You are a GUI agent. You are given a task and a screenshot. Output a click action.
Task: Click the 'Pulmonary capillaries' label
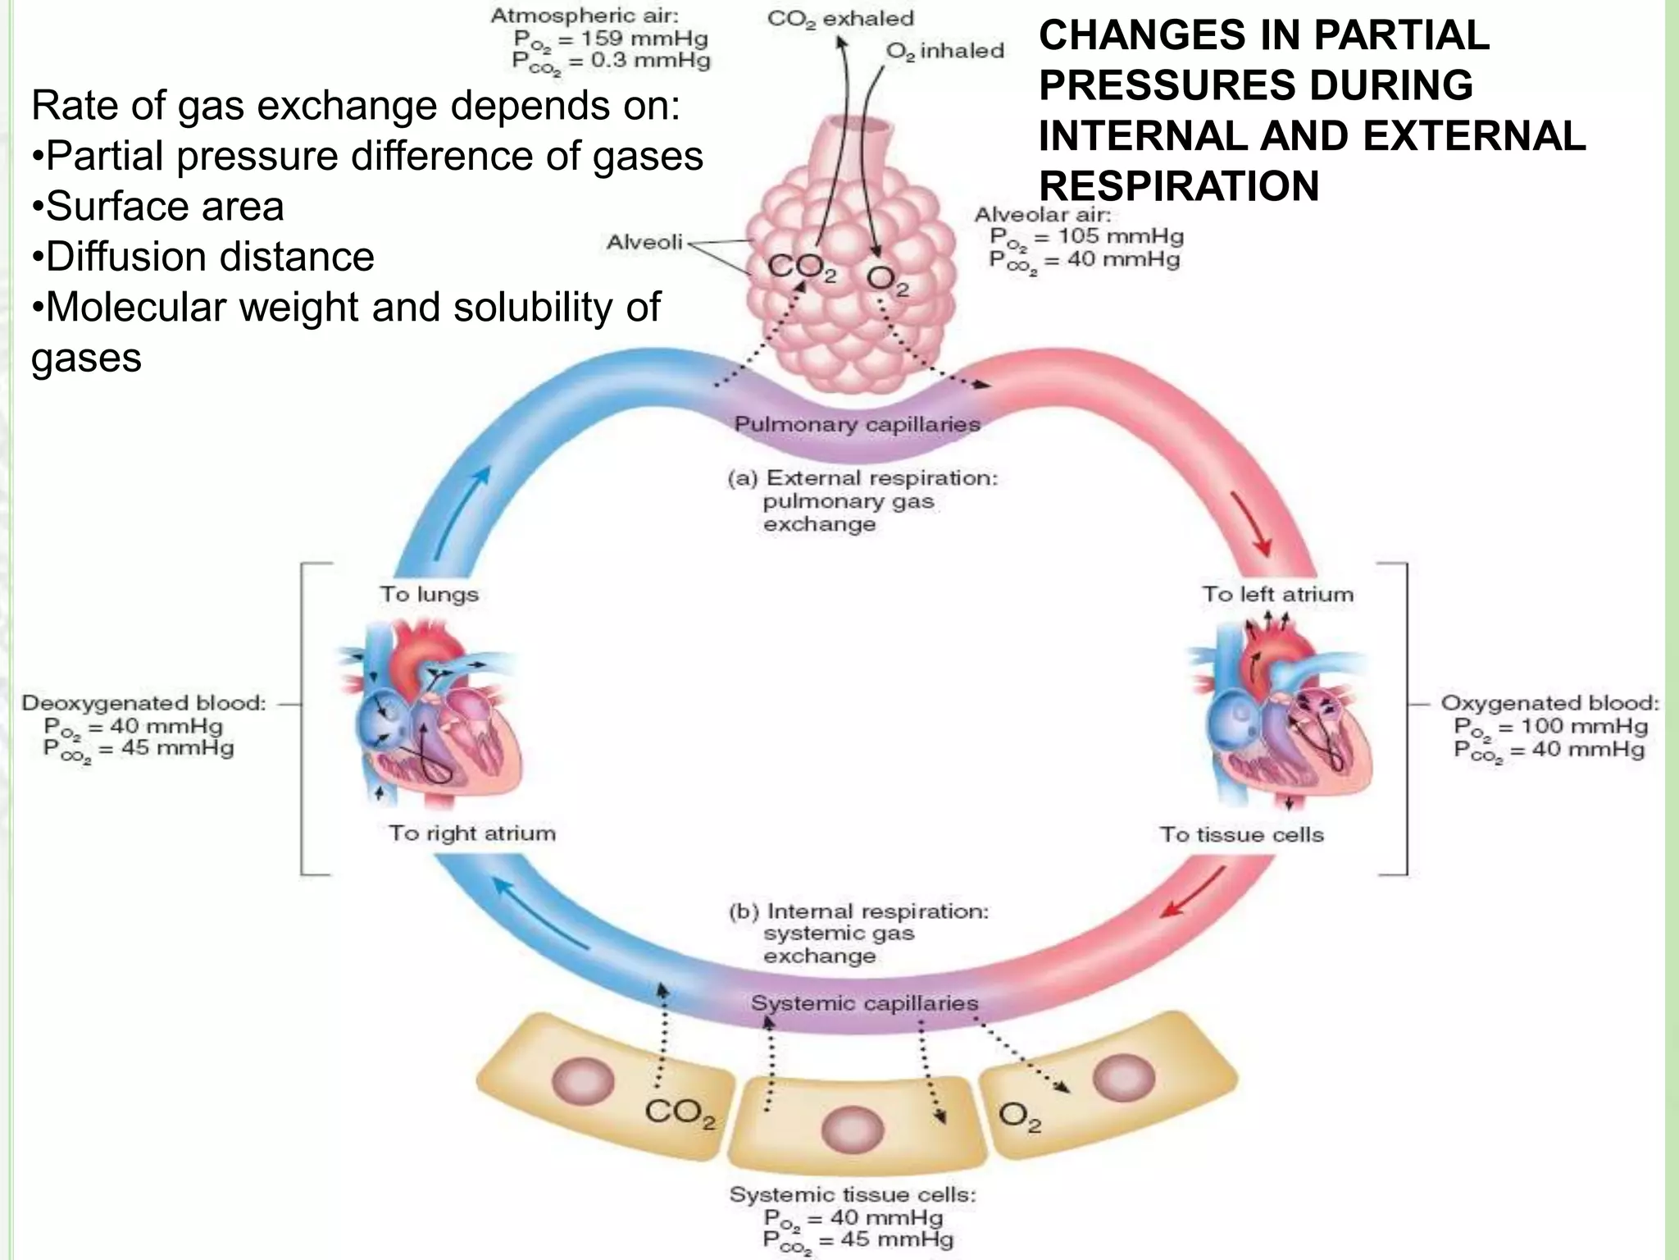click(857, 424)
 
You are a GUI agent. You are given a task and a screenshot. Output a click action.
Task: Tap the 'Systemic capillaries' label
click(864, 1002)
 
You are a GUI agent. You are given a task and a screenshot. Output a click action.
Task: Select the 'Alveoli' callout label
click(644, 242)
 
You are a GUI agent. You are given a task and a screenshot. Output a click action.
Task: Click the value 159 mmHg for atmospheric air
click(644, 38)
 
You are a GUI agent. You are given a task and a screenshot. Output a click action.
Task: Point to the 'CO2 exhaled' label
click(840, 18)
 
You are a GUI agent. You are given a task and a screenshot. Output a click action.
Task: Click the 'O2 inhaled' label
click(944, 51)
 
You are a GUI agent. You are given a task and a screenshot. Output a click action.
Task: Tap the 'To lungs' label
click(429, 594)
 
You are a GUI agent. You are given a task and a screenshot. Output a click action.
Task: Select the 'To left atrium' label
click(1277, 594)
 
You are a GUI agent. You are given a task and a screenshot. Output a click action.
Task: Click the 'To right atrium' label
click(472, 833)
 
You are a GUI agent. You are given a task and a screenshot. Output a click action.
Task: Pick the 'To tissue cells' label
click(1241, 834)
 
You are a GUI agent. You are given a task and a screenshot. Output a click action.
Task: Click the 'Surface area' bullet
click(164, 206)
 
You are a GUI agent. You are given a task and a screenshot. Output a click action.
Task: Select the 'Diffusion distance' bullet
click(209, 257)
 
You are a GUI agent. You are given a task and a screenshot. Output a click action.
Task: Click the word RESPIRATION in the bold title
click(1179, 185)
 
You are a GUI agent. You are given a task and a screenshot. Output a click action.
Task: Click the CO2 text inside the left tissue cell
click(680, 1112)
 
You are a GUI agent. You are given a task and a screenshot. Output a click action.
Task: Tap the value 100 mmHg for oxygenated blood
click(1583, 726)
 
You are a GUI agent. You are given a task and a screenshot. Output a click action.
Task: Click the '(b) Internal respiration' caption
click(859, 911)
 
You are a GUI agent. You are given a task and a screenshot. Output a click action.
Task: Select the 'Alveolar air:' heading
click(1042, 215)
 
